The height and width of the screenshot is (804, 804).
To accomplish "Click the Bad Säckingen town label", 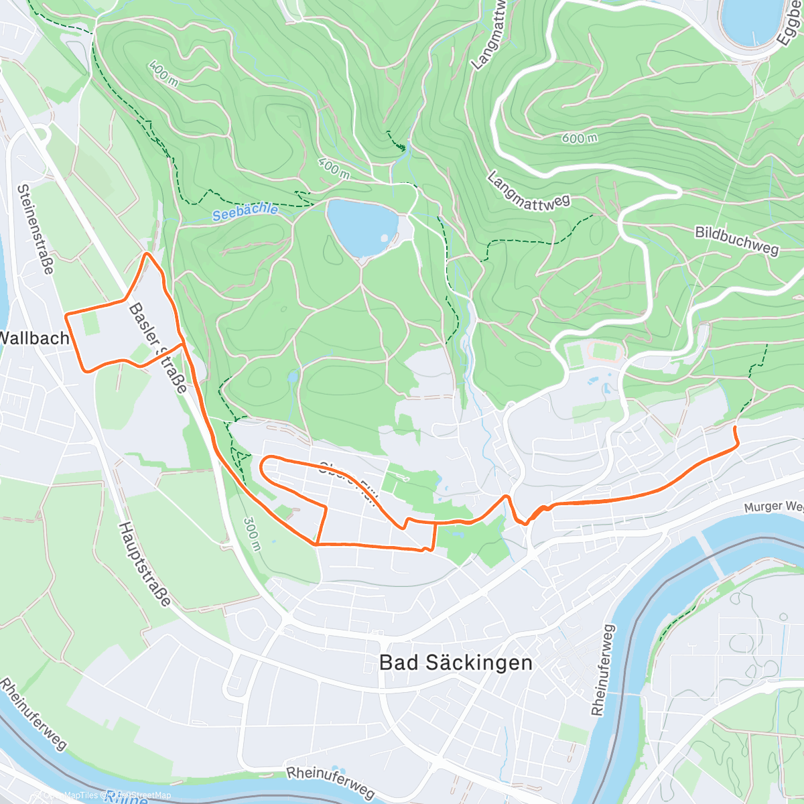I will pos(456,663).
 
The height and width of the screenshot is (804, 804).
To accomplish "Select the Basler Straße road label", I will pos(158,348).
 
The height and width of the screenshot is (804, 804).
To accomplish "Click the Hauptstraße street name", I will pos(145,565).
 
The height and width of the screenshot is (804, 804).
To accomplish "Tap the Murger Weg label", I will pos(774,507).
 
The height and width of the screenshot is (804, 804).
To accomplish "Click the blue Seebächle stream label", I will pos(245,212).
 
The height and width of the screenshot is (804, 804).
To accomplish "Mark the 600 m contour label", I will pos(580,139).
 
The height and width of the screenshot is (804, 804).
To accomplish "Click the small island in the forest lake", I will pos(384,237).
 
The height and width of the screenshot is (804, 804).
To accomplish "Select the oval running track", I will pos(605,350).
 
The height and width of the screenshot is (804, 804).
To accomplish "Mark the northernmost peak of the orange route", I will pos(148,254).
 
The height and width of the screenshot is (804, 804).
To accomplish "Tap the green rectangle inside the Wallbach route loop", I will pos(90,324).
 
